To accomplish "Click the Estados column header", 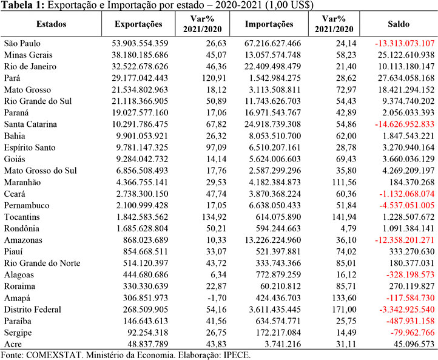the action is coord(52,24).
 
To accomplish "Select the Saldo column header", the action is coord(399,24).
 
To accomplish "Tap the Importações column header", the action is coord(269,24).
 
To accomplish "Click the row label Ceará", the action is coord(15,194).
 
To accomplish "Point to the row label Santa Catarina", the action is coord(30,124).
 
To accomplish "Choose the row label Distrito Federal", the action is coord(32,310).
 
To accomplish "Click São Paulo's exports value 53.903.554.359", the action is coord(140,43).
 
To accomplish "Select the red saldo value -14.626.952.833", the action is coord(405,124).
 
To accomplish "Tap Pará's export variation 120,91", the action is coord(214,78).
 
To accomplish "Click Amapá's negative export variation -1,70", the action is coord(217,298).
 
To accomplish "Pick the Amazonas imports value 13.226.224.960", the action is coord(273,240).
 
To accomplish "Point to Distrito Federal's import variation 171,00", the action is coord(344,310).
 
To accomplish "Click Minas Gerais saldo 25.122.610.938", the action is coord(406,55).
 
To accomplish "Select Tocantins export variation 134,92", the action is coord(214,217).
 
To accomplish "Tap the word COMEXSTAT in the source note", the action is coord(55,355).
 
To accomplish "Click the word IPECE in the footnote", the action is coord(237,355).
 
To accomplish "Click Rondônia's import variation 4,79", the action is coord(349,228).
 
